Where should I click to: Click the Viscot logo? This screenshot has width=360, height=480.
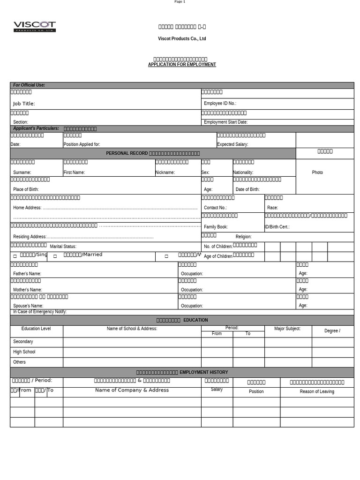(x=35, y=26)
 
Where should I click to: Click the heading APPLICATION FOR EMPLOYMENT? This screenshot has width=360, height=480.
(x=182, y=65)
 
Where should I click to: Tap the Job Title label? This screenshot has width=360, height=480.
(x=24, y=104)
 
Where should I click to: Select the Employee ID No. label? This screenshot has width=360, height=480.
(x=220, y=103)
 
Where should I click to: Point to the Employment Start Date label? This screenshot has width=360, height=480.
(x=225, y=122)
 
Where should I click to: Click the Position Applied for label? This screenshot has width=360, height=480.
(x=82, y=144)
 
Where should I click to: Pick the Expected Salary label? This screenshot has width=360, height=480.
(x=232, y=144)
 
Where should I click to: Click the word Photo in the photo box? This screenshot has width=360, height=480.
(x=317, y=172)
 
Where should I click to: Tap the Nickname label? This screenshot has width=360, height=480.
(x=165, y=172)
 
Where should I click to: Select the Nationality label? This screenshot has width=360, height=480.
(x=243, y=172)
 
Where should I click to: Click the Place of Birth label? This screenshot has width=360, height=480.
(x=26, y=189)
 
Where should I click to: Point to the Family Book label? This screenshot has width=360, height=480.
(x=216, y=227)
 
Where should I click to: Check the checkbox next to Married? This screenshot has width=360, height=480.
(x=55, y=256)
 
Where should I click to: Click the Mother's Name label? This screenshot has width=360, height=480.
(x=27, y=290)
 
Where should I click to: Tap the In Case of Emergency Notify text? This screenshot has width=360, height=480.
(x=40, y=312)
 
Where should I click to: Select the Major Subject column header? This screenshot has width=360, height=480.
(x=287, y=329)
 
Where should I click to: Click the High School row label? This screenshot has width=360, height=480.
(x=24, y=352)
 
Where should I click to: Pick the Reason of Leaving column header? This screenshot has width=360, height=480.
(x=317, y=391)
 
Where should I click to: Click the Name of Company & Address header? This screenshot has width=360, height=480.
(x=132, y=390)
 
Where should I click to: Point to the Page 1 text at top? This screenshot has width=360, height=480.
(x=180, y=2)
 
